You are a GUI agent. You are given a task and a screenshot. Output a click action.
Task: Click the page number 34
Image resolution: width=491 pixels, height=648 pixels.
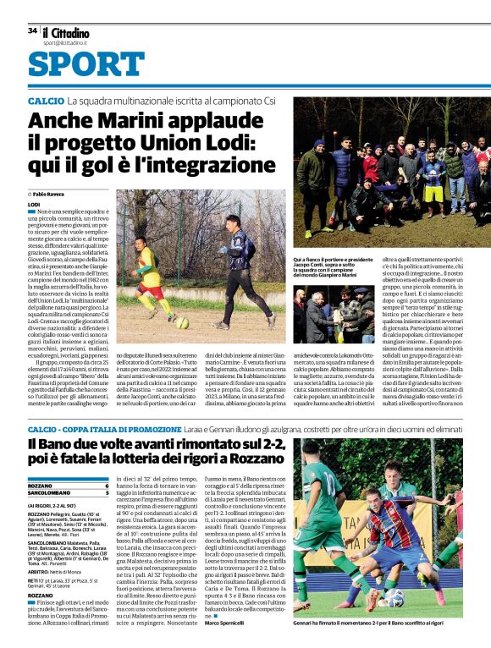[32, 30]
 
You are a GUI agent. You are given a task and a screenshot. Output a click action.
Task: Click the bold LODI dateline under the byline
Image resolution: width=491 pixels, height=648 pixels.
[34, 205]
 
